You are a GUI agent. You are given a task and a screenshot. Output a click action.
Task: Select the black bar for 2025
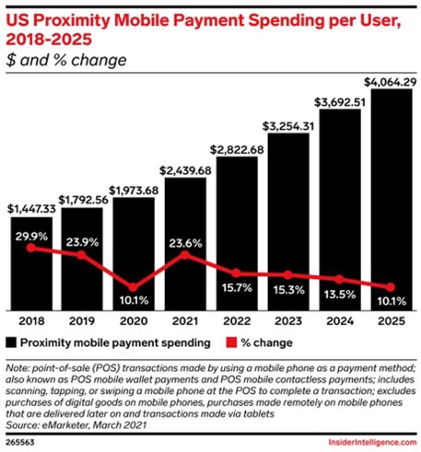point(390,200)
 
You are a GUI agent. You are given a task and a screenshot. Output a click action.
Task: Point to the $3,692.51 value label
point(339,101)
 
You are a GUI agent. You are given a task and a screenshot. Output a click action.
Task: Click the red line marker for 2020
point(133,287)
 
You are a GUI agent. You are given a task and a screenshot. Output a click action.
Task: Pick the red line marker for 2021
point(185,255)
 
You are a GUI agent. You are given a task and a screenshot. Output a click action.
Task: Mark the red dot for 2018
point(31,248)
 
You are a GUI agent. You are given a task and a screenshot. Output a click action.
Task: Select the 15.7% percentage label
point(236,287)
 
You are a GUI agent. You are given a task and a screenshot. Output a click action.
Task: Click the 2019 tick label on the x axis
point(82,320)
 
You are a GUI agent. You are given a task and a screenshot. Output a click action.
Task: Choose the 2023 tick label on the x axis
point(287,320)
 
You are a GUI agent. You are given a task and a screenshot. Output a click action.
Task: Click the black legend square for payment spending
point(12,343)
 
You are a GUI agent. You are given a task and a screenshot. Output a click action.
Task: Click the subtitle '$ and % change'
point(66,60)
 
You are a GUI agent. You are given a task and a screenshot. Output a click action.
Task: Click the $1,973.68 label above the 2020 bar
point(133,190)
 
